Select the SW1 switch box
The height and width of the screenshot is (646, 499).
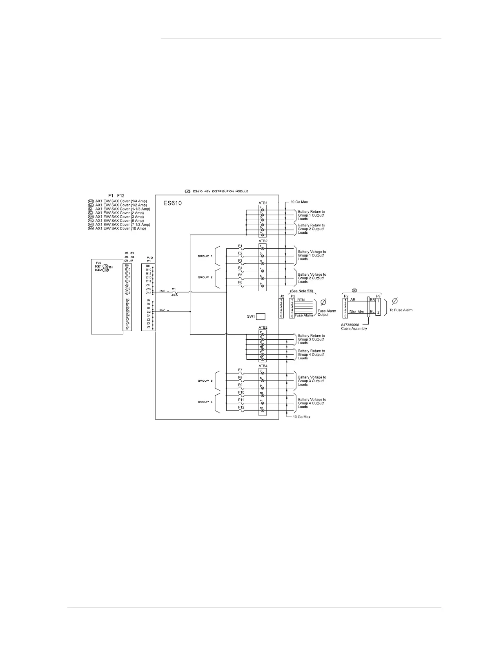pyautogui.click(x=261, y=316)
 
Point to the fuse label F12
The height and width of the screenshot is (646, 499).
pyautogui.click(x=241, y=407)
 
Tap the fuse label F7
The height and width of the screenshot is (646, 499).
pyautogui.click(x=240, y=370)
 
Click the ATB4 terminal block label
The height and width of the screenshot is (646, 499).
pyautogui.click(x=263, y=366)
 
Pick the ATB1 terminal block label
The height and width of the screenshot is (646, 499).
pyautogui.click(x=263, y=203)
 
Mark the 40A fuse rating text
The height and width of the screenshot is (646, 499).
pyautogui.click(x=174, y=295)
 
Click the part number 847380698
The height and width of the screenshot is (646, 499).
pyautogui.click(x=350, y=325)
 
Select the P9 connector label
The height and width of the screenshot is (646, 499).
pyautogui.click(x=378, y=296)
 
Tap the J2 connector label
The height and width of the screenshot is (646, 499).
pyautogui.click(x=281, y=296)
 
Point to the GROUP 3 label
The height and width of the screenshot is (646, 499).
pyautogui.click(x=205, y=381)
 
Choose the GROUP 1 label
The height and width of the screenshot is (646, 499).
pyautogui.click(x=205, y=256)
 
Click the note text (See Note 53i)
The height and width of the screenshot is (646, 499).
pyautogui.click(x=301, y=291)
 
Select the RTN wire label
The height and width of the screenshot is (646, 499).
pyautogui.click(x=301, y=300)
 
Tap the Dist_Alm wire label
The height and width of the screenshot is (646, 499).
pyautogui.click(x=356, y=312)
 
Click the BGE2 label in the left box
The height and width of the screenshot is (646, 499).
pyautogui.click(x=98, y=270)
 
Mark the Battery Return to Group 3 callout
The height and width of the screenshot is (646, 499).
pyautogui.click(x=311, y=339)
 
